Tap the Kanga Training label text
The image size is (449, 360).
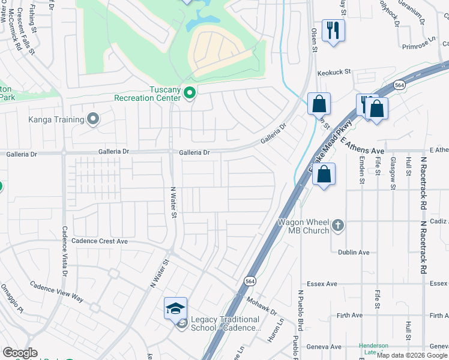[x=56, y=119]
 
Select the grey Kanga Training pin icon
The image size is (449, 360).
[x=92, y=119]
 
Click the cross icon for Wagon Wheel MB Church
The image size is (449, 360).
[x=338, y=225]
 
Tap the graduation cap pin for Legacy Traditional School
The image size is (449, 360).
[x=175, y=308]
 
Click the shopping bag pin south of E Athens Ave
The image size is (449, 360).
[x=324, y=175]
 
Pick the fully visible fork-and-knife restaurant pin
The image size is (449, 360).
[x=333, y=29]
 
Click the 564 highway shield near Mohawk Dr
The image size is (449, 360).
[x=250, y=280]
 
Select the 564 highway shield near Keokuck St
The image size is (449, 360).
[x=399, y=86]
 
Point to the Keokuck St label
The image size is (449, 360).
[x=334, y=72]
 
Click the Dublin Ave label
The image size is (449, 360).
[x=354, y=253]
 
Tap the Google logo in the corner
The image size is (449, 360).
[x=20, y=353]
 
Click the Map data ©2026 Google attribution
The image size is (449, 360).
[x=412, y=355]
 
